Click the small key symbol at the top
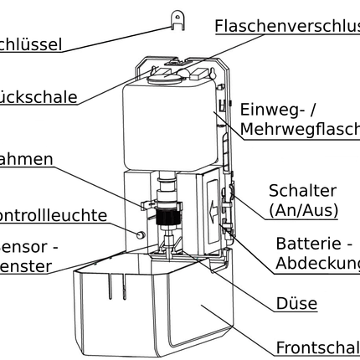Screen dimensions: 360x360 click(x=177, y=18)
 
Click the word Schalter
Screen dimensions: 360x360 click(x=302, y=192)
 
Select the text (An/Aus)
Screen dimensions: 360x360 click(x=302, y=211)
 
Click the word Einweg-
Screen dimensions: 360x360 click(x=276, y=110)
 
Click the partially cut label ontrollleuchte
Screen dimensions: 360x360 click(x=65, y=215)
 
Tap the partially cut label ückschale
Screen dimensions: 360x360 click(x=39, y=96)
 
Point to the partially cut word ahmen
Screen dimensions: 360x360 click(x=27, y=159)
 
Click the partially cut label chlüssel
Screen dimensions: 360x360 click(x=31, y=44)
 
